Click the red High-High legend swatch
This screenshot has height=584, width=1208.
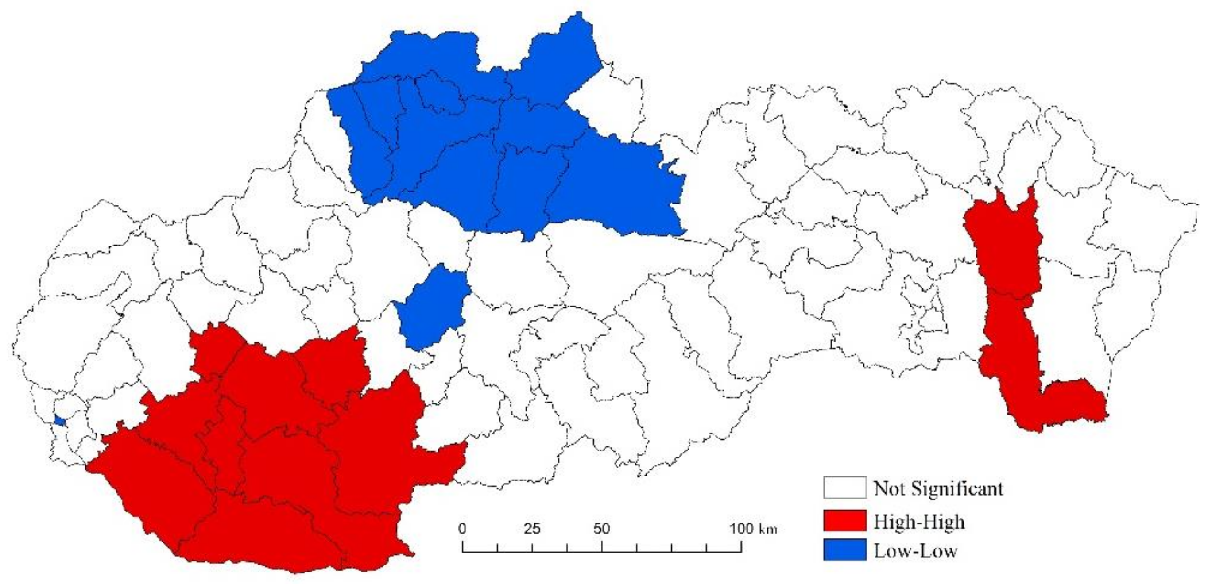(844, 521)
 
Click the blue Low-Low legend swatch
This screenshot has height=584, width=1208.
(844, 550)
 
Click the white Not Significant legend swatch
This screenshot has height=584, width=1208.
(844, 488)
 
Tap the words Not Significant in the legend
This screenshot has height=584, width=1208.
(938, 488)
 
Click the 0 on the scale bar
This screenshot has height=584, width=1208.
(462, 529)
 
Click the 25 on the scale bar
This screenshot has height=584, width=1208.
(532, 529)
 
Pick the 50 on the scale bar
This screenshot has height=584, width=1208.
(602, 529)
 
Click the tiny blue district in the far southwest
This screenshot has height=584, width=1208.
(59, 420)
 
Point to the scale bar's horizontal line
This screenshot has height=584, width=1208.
(602, 552)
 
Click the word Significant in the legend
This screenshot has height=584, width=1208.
(956, 488)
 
